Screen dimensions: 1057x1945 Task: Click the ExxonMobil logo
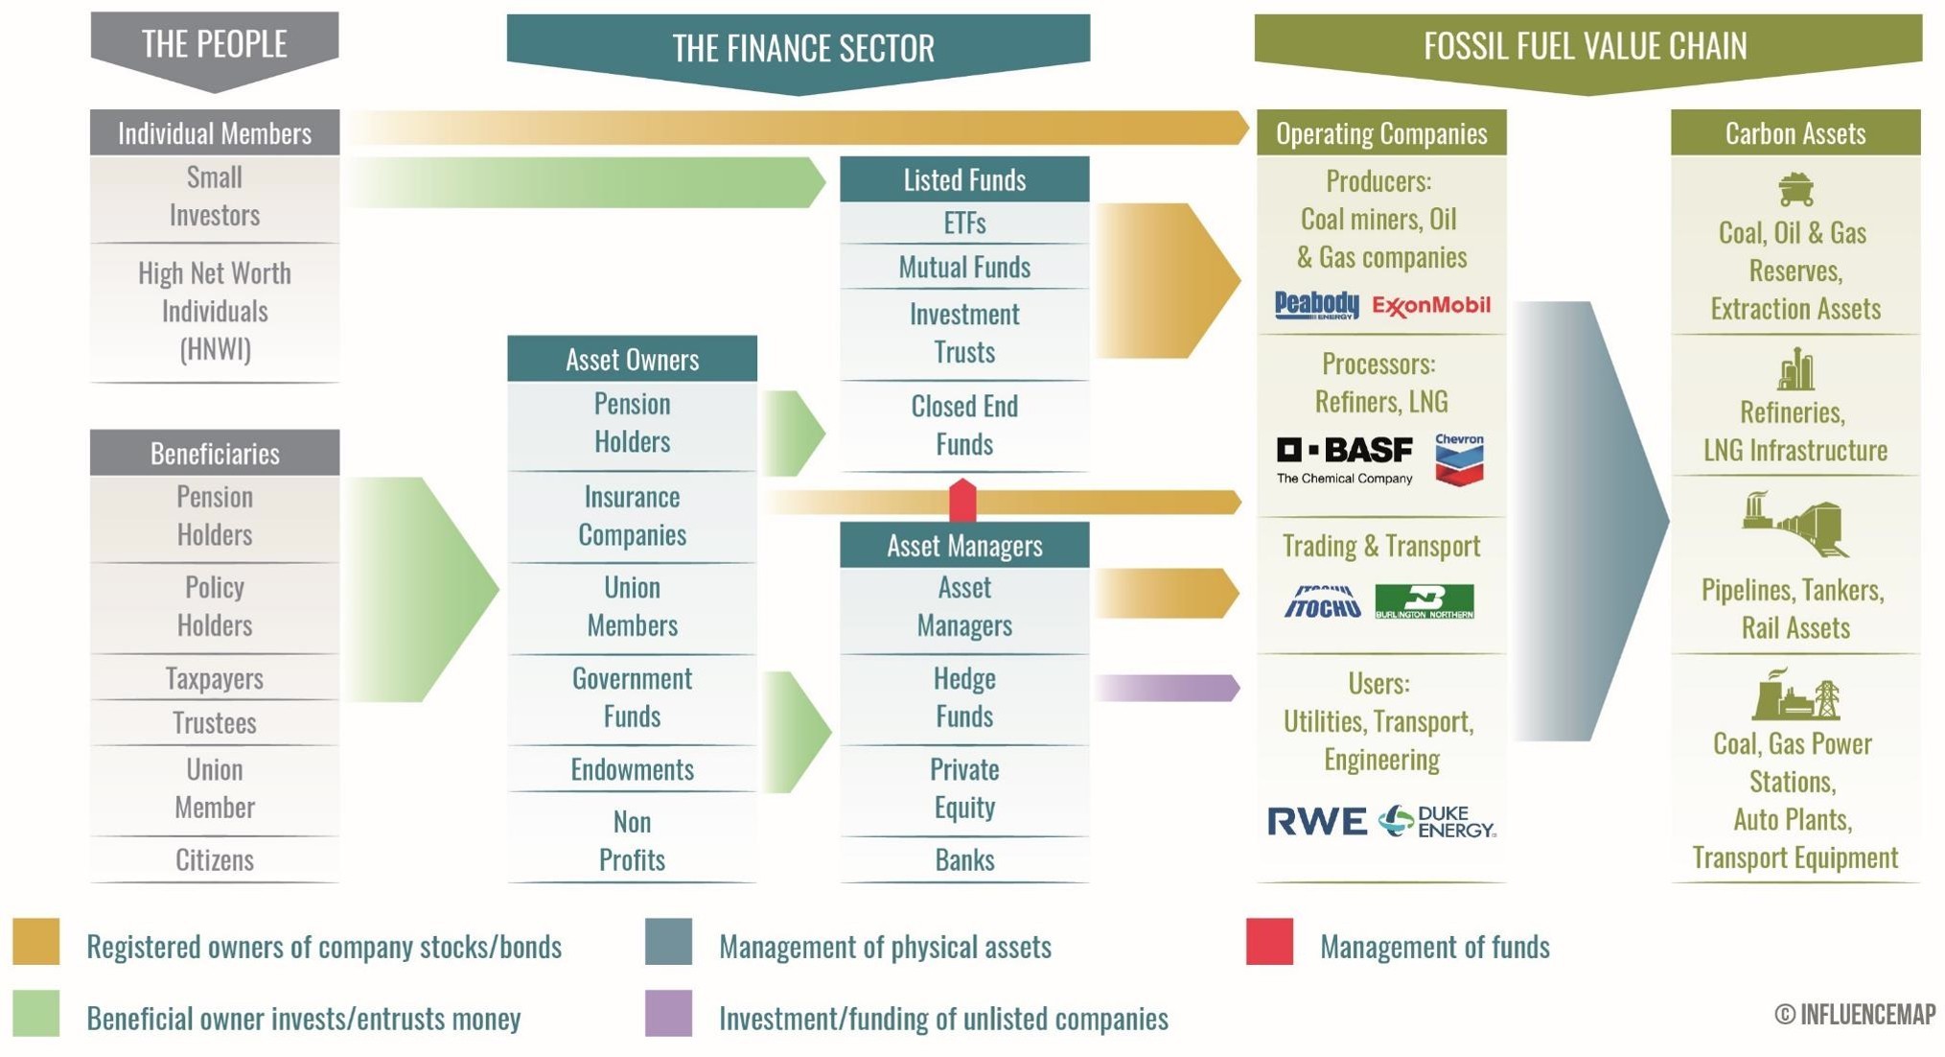[1430, 305]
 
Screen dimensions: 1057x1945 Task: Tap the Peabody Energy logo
[1316, 305]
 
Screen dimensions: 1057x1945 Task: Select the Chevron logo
[1459, 459]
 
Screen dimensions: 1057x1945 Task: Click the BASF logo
[1344, 459]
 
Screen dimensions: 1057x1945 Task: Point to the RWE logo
[1316, 821]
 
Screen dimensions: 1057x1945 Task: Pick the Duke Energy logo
[1436, 821]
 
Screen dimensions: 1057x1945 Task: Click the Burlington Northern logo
[1424, 601]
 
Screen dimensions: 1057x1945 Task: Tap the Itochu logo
[1322, 601]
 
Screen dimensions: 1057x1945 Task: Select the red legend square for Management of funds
[1269, 941]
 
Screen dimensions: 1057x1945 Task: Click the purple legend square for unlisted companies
[668, 1013]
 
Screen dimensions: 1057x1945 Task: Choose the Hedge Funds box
[964, 697]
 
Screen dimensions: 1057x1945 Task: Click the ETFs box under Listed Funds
[964, 223]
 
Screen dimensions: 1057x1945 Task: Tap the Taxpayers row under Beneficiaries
[215, 678]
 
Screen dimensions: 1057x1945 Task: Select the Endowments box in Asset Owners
[632, 769]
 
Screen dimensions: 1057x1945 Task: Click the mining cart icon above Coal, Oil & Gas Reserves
[1794, 189]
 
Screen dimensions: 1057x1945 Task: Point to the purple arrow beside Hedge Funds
[1167, 687]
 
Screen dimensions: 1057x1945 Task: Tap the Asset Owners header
[632, 359]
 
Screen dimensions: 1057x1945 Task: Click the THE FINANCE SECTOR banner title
[802, 48]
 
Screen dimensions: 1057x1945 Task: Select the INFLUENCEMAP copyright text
[1854, 1014]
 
